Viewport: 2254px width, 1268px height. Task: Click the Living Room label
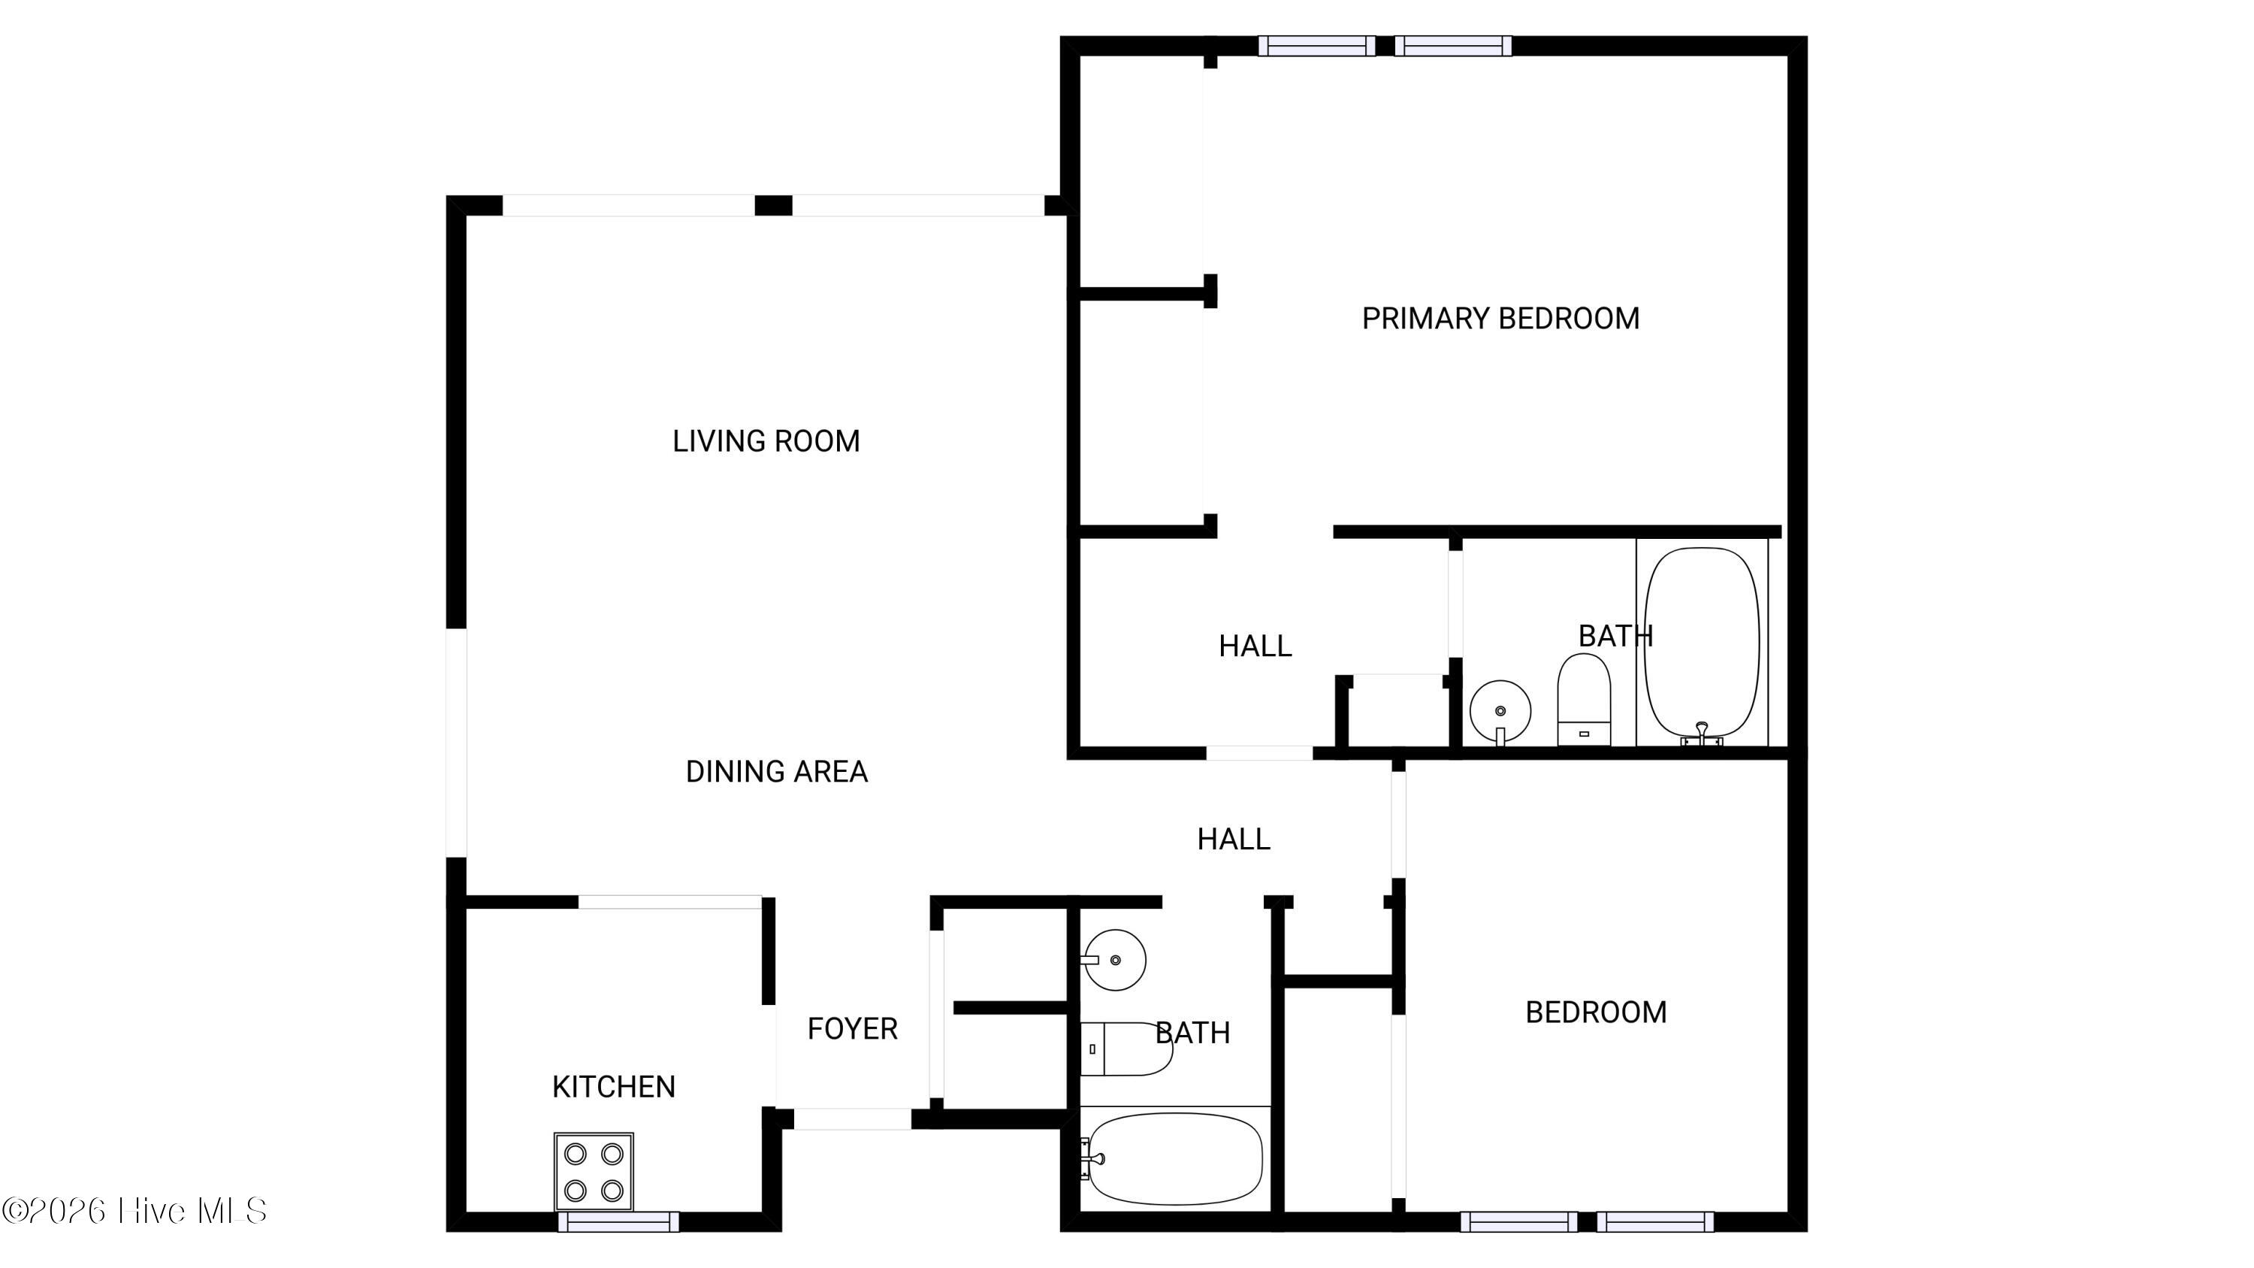[x=766, y=441]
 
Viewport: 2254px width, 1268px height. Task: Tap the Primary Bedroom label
[x=1500, y=319]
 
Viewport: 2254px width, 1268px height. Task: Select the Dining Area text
[x=776, y=772]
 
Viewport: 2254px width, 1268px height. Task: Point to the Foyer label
[x=852, y=1029]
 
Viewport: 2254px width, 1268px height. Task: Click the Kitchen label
[x=613, y=1087]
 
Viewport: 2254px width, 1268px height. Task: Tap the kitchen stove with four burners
[x=594, y=1172]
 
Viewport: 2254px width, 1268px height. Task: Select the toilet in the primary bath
[x=1584, y=700]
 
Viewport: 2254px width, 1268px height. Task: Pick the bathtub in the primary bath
[x=1702, y=646]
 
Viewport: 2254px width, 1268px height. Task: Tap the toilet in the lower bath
[x=1126, y=1049]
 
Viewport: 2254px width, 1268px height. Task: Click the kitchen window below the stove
[x=618, y=1221]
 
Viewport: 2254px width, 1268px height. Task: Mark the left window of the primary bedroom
[x=1317, y=46]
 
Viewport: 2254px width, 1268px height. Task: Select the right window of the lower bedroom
[x=1655, y=1221]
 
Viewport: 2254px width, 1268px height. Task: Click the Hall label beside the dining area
[x=1234, y=840]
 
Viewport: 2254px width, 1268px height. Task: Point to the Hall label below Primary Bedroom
[x=1255, y=646]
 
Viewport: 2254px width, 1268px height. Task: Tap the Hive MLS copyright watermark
[x=134, y=1210]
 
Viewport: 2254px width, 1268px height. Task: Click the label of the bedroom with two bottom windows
[x=1596, y=1012]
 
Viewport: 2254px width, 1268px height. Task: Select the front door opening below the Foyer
[x=852, y=1118]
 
